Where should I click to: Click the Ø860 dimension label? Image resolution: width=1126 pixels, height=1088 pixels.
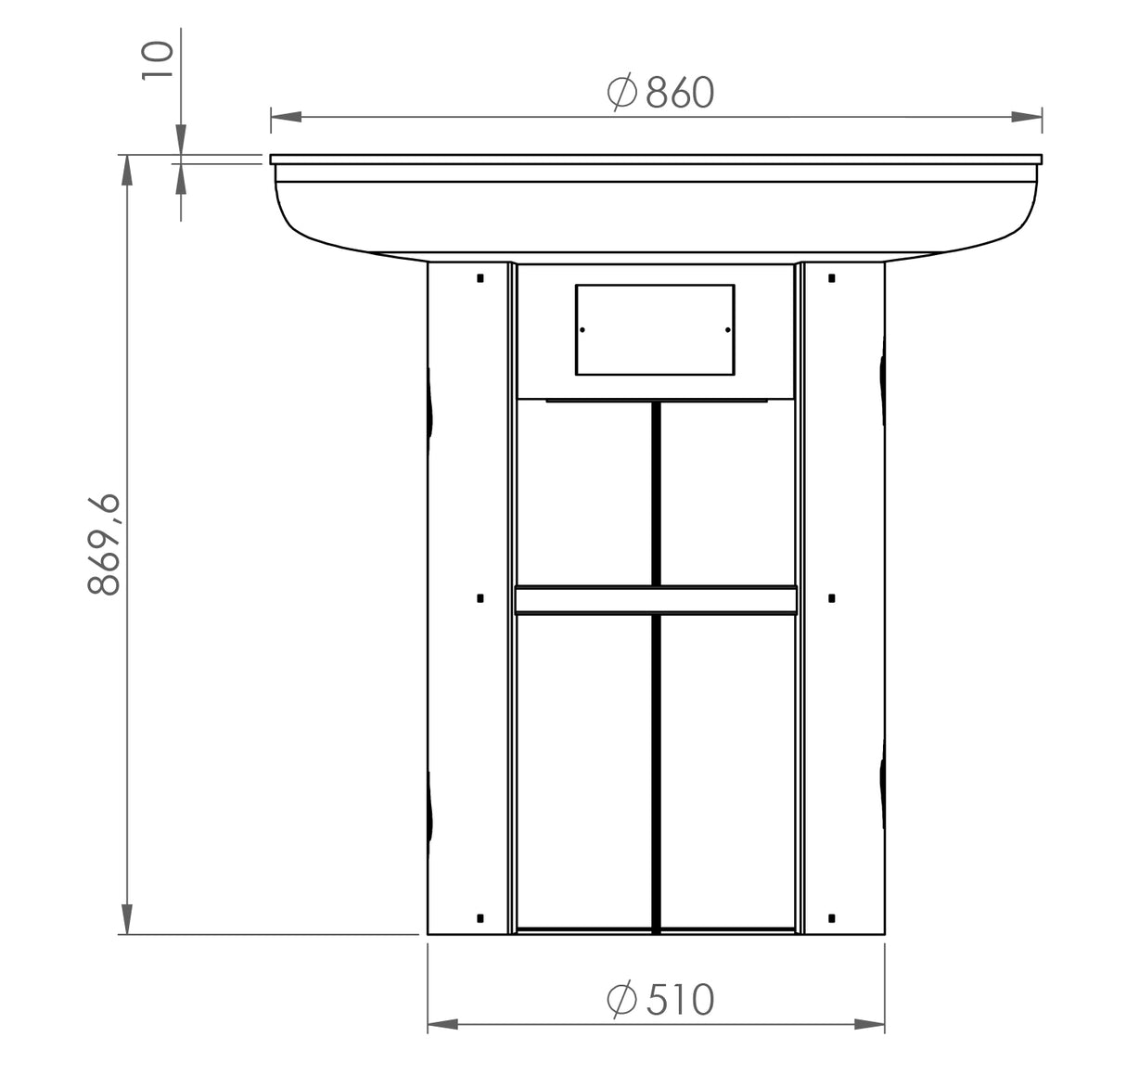click(x=660, y=93)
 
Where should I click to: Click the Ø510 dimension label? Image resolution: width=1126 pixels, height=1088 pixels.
click(x=660, y=999)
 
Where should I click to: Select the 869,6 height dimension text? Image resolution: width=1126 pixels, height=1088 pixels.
click(x=105, y=544)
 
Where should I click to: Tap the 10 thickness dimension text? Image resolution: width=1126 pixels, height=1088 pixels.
click(x=158, y=60)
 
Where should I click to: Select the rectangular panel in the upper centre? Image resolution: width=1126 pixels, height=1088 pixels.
click(x=655, y=329)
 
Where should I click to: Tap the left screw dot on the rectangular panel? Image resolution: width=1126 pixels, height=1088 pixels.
click(x=582, y=330)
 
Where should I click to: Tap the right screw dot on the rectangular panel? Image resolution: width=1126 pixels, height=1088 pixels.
click(x=727, y=330)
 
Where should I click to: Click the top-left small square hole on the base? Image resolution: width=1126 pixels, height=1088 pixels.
click(x=480, y=277)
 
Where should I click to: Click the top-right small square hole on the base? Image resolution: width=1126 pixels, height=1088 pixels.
click(x=831, y=277)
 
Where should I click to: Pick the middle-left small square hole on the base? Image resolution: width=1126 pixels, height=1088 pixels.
click(x=480, y=598)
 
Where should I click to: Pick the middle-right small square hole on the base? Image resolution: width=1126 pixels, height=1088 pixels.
click(x=831, y=598)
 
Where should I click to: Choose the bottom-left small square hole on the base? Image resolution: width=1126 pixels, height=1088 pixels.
click(x=480, y=918)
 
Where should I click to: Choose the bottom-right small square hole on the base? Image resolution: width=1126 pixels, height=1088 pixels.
click(x=831, y=918)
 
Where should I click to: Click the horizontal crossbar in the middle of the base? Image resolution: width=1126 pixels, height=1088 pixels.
click(x=655, y=600)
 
